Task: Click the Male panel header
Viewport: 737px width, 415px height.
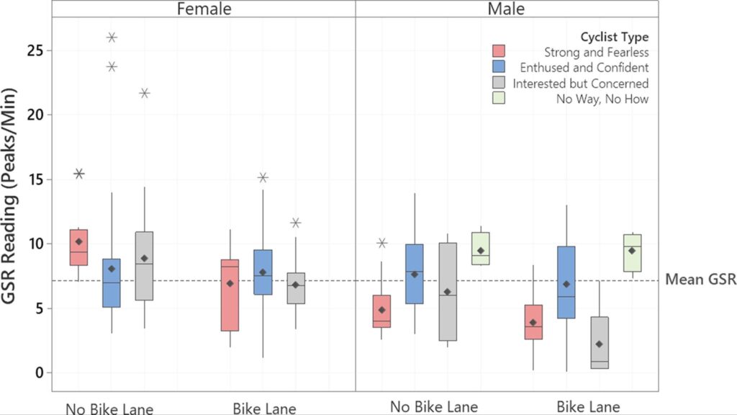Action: tap(507, 9)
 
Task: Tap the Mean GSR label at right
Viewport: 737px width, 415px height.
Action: tap(700, 280)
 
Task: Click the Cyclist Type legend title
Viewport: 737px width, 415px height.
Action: tap(614, 37)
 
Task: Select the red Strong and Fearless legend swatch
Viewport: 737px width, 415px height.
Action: tap(498, 52)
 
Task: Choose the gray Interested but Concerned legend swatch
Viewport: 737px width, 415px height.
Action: tap(498, 84)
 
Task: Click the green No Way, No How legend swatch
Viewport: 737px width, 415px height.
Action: tap(498, 99)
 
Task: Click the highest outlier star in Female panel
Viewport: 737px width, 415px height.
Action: tap(112, 37)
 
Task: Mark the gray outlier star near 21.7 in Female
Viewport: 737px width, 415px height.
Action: tap(145, 93)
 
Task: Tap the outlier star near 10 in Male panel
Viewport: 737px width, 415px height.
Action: tap(381, 243)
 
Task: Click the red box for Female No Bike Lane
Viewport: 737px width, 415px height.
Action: tap(78, 247)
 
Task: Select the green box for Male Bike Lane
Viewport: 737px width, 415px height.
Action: tap(632, 253)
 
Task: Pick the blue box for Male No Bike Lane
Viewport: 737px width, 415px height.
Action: tap(415, 274)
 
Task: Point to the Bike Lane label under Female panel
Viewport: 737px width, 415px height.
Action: tap(264, 408)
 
